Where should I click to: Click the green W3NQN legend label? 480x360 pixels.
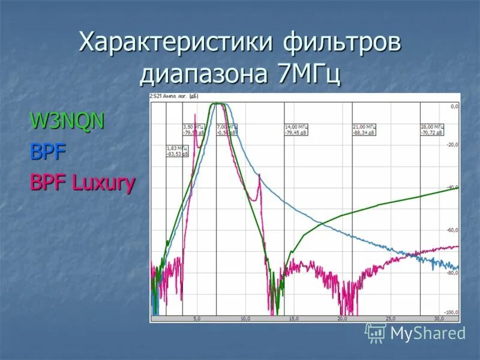coord(68,121)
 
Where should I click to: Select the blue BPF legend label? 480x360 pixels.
coord(48,152)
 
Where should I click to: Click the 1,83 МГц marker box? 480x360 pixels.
coord(175,151)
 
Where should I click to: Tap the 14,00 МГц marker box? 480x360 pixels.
coord(296,130)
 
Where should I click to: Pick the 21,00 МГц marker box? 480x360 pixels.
coord(364,130)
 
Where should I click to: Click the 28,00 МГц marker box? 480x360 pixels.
coord(432,130)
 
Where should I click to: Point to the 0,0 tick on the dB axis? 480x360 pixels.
coord(454,107)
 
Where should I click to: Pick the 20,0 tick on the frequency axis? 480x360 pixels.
coord(341,319)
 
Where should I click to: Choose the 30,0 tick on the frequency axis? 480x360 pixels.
coord(439,319)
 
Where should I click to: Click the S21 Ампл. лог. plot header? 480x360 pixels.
coord(174,96)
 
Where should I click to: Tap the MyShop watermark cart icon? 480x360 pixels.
coord(376,333)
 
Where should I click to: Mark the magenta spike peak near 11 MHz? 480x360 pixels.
coord(259,175)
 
